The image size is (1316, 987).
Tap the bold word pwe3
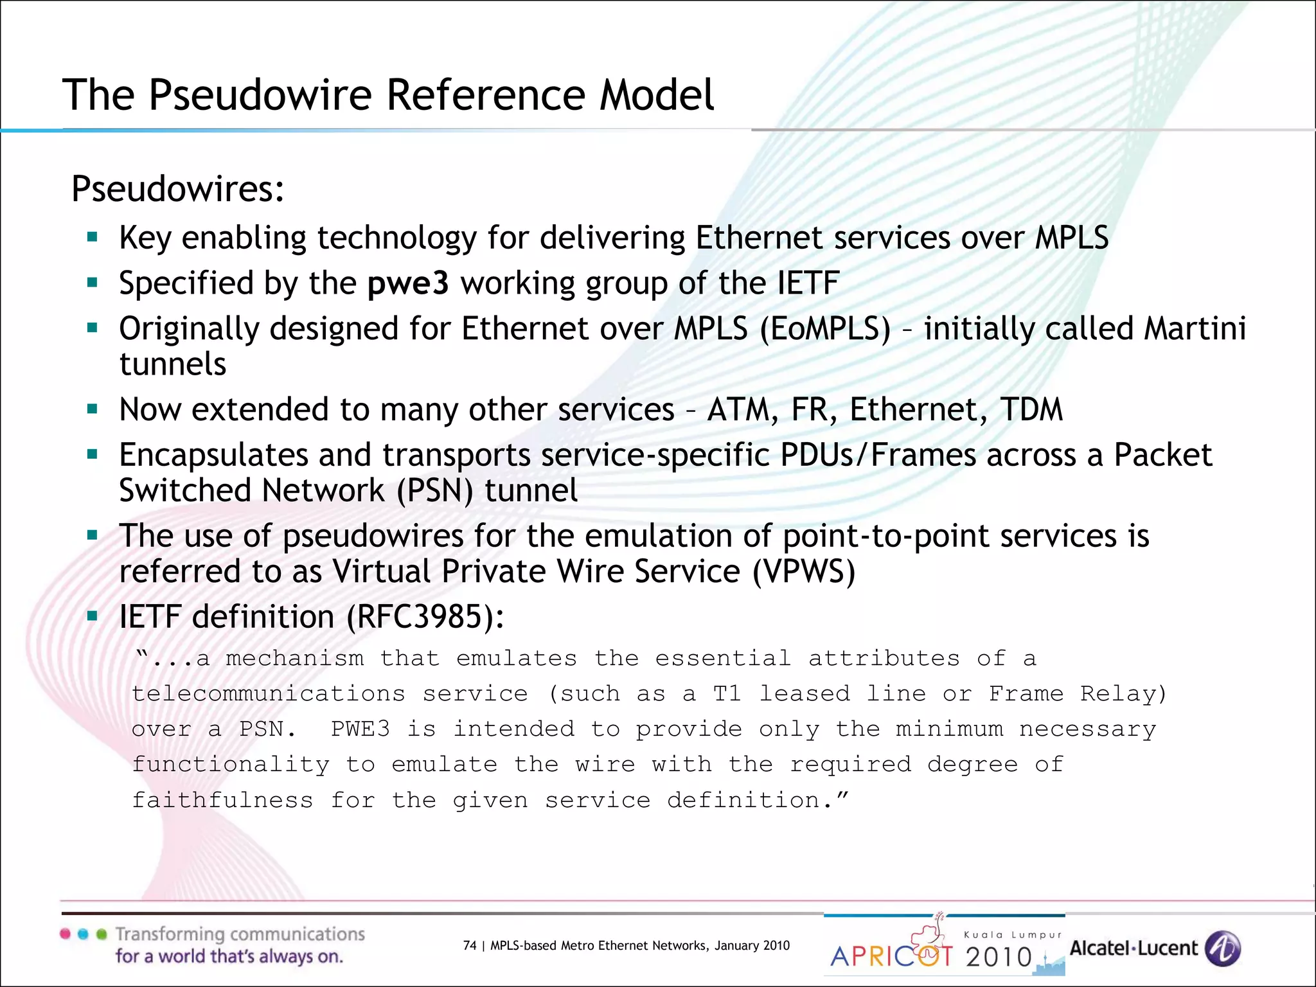coord(408,283)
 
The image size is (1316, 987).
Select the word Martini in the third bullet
coord(1195,329)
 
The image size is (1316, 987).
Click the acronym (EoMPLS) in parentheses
coord(825,329)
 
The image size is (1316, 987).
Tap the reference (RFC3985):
coord(425,618)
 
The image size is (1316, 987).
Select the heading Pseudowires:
coord(178,190)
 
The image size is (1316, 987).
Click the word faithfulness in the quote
coord(222,801)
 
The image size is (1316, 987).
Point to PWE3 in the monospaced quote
coord(360,729)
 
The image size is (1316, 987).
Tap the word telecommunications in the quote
coord(269,694)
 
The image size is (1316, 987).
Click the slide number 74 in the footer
coord(470,945)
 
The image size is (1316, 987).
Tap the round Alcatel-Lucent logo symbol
coord(1222,948)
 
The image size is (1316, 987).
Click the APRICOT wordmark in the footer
coord(892,956)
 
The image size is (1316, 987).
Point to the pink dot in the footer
coord(65,934)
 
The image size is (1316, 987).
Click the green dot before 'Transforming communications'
coord(101,934)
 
